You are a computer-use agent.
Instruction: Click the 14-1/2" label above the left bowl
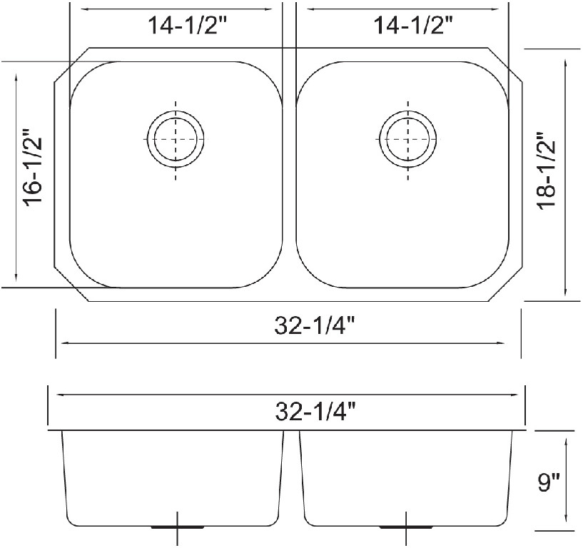tap(188, 26)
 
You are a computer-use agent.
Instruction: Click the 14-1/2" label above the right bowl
tap(412, 26)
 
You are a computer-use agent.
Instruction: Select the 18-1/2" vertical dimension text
tap(546, 171)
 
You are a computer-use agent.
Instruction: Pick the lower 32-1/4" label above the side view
tap(315, 412)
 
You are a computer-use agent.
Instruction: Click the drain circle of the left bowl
tap(176, 139)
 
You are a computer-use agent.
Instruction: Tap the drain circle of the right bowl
tap(408, 139)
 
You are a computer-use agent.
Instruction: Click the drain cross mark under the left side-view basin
tap(176, 528)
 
